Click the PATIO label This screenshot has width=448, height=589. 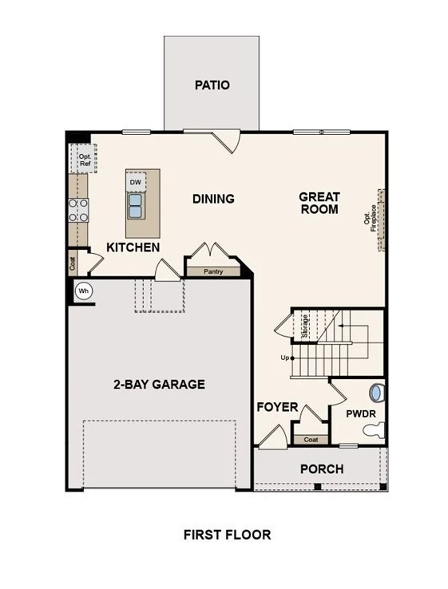212,85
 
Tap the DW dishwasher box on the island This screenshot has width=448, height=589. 135,182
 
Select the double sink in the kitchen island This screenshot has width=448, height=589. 135,205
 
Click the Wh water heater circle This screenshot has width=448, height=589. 83,291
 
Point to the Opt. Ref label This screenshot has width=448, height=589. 85,160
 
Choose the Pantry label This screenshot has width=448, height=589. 213,271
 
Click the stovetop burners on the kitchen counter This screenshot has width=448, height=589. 78,211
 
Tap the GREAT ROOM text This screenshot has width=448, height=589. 319,203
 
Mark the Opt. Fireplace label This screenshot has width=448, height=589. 371,218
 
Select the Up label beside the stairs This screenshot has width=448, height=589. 285,358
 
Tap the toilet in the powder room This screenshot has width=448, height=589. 374,429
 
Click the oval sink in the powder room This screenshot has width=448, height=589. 376,393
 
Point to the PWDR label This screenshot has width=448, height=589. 361,414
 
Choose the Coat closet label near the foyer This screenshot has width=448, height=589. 311,440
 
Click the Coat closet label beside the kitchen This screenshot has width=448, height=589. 73,263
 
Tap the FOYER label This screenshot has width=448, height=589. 277,407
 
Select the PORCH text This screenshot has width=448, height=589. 322,469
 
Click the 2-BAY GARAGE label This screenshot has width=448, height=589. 160,384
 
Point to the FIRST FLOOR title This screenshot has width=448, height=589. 227,535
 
